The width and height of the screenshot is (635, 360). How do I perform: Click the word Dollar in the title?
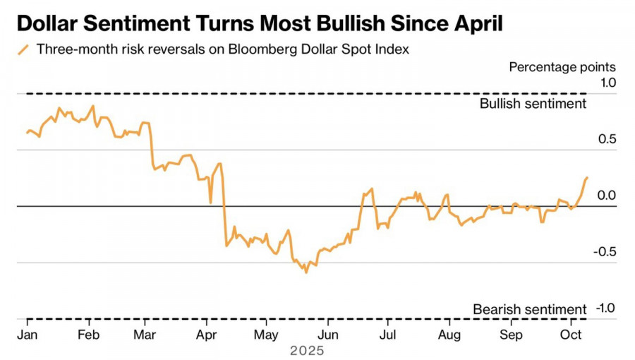tap(53, 24)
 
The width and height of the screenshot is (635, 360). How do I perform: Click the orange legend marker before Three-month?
tap(24, 49)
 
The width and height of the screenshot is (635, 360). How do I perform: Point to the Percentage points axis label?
tap(562, 67)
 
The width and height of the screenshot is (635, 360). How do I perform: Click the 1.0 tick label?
tap(607, 83)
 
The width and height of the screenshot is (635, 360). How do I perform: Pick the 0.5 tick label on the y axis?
tap(607, 139)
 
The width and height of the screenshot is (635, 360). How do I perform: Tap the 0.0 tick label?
tap(607, 196)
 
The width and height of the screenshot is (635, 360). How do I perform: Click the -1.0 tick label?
tap(605, 308)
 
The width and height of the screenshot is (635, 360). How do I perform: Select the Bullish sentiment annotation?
tap(533, 104)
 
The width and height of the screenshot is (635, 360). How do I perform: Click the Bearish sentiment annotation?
tap(529, 309)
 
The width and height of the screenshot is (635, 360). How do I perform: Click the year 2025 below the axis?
tap(307, 350)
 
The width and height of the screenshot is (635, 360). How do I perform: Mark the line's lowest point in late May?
tap(306, 272)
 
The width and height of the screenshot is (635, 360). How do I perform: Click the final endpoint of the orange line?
tap(587, 178)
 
